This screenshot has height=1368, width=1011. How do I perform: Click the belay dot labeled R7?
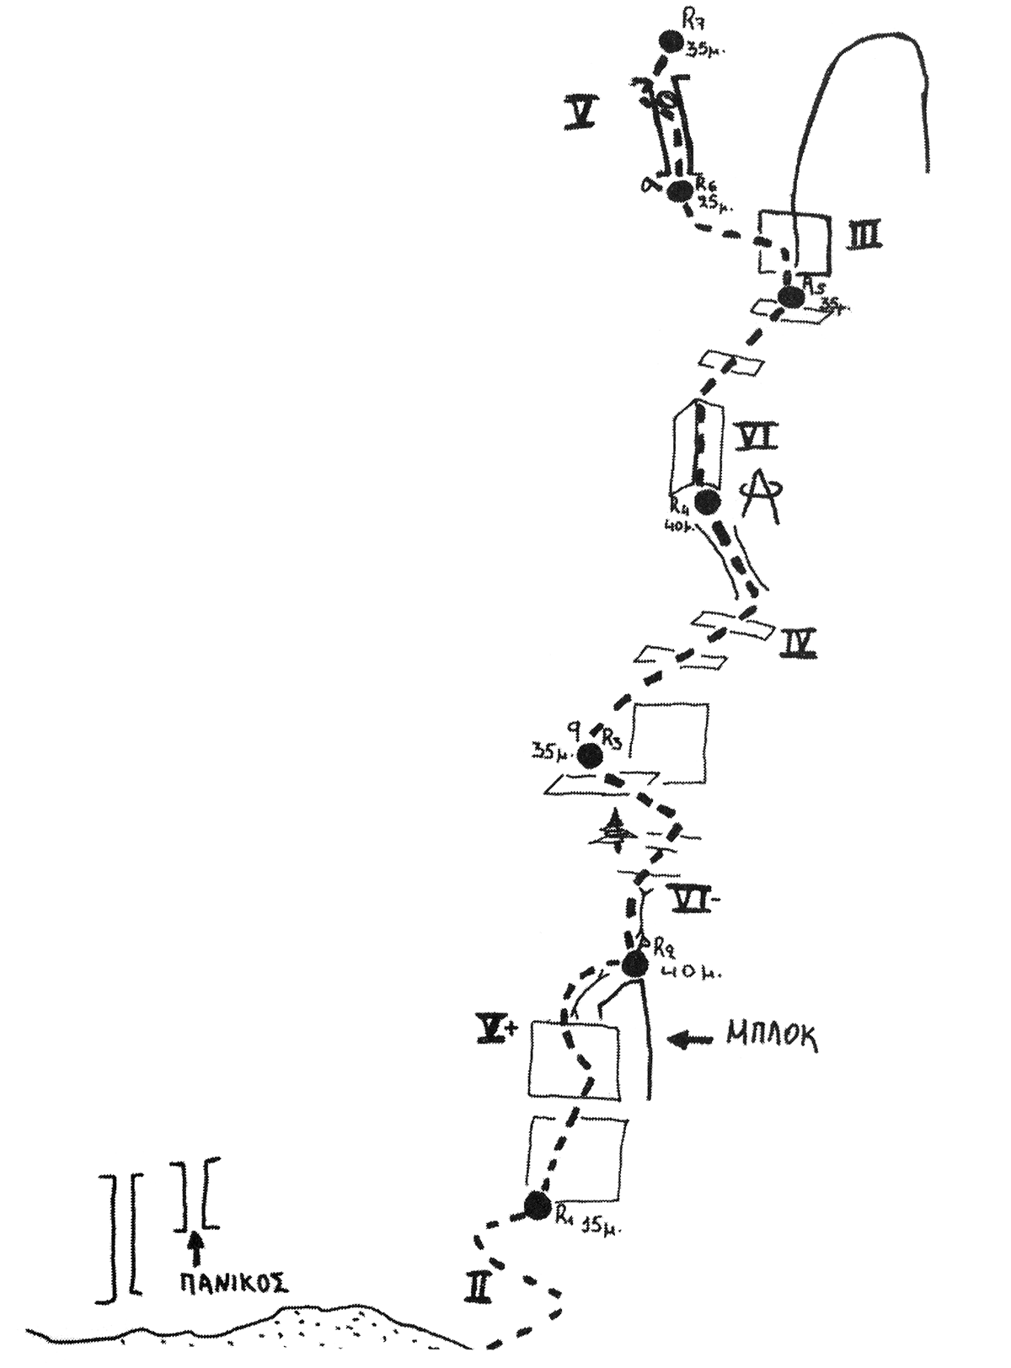click(671, 41)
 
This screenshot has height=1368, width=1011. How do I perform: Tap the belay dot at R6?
click(679, 192)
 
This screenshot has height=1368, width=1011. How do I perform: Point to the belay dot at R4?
click(706, 501)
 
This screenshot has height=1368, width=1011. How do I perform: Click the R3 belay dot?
click(590, 756)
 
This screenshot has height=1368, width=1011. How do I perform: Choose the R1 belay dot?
click(537, 1205)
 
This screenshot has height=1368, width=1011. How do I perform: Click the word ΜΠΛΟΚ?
click(772, 1038)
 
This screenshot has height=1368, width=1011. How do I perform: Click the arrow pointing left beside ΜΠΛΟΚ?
click(691, 1039)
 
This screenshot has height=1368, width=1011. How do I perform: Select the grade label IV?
click(797, 644)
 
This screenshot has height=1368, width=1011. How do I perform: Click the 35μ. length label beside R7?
click(705, 50)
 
